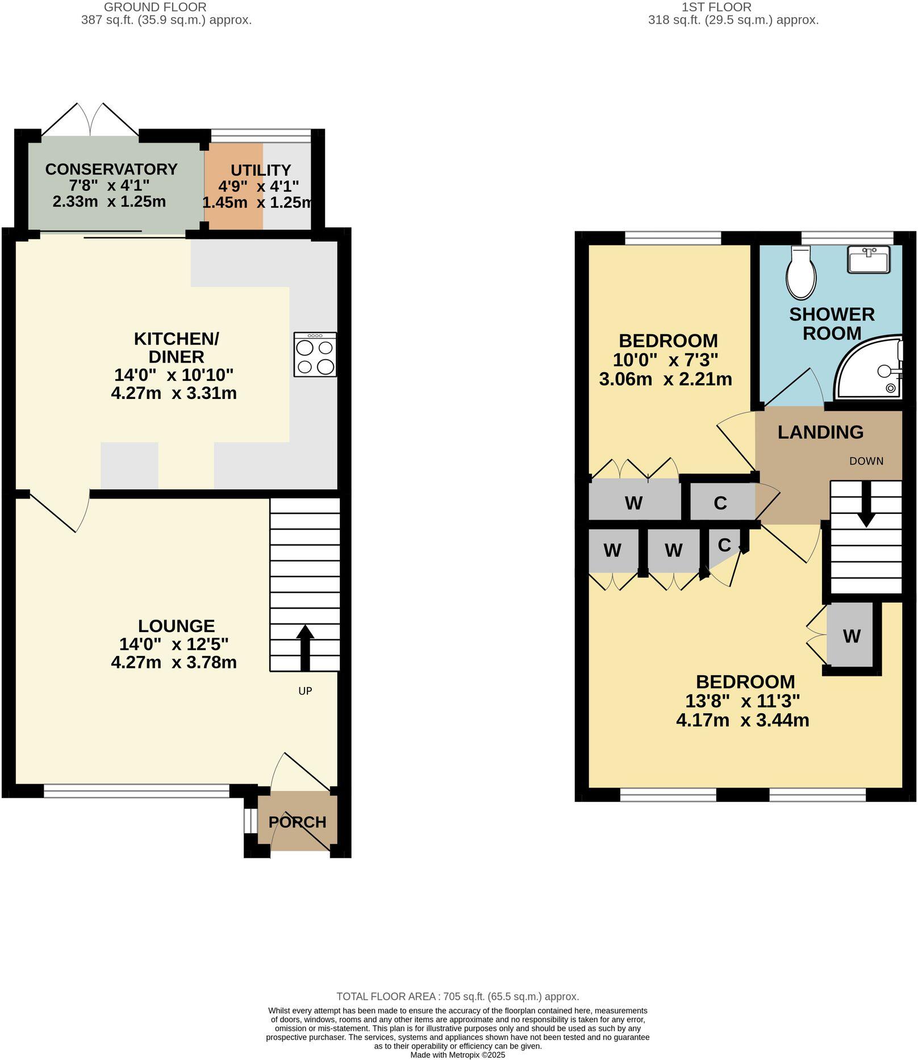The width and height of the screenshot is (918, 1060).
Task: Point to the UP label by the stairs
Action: [305, 691]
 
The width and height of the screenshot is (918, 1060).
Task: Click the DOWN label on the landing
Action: [866, 461]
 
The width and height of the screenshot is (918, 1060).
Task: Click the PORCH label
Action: [297, 822]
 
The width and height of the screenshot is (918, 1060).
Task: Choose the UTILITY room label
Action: [261, 170]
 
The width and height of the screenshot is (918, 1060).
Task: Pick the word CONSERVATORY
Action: [111, 169]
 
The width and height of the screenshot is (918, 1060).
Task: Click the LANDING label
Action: [820, 432]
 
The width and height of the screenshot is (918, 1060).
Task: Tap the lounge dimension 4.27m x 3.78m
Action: [174, 662]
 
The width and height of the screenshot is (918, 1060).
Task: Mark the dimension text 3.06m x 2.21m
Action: [665, 379]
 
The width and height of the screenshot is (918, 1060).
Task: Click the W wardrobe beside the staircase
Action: [852, 636]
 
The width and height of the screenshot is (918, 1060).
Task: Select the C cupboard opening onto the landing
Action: [720, 503]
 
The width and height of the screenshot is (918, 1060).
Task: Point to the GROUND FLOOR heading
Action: [155, 7]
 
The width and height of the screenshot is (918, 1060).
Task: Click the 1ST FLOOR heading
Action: [716, 7]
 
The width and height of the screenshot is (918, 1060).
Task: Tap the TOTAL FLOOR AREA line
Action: [457, 996]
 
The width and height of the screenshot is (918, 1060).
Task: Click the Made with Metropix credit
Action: [457, 1055]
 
